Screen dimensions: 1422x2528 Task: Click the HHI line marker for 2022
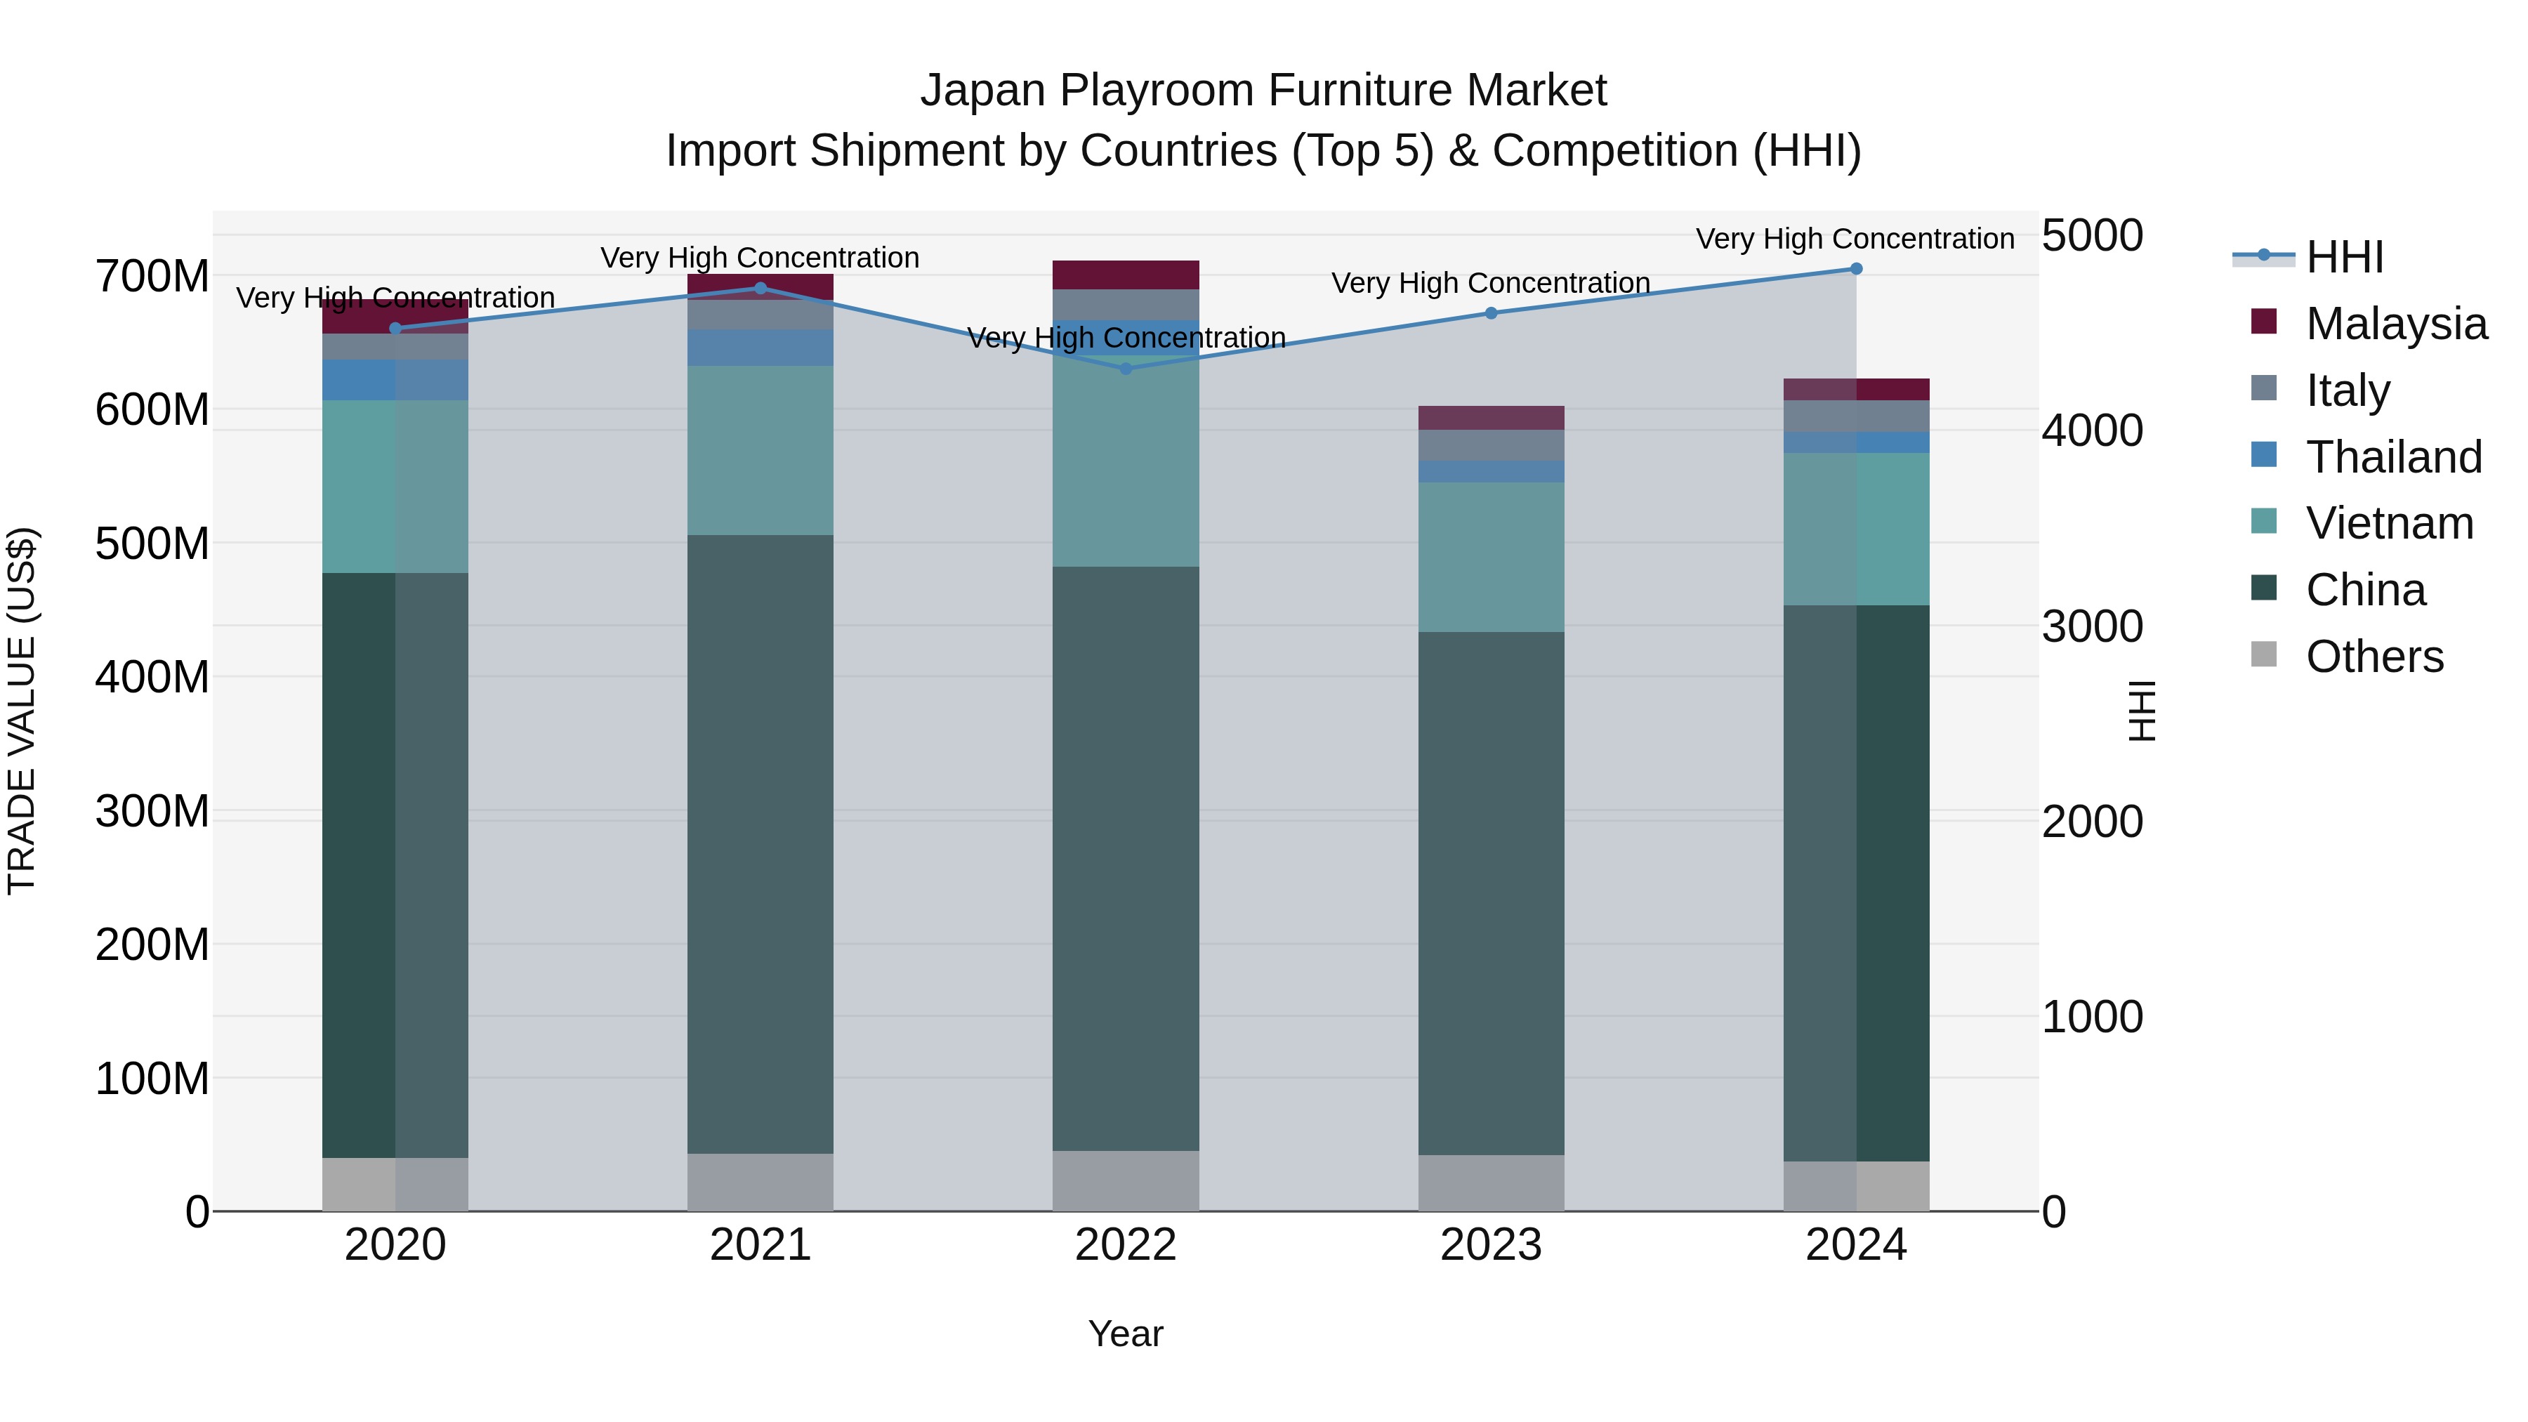tap(1126, 369)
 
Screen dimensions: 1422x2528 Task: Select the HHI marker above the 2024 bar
tap(1856, 269)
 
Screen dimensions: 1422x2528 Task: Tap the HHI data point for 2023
tap(1491, 313)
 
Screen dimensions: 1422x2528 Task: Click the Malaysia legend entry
tap(2395, 324)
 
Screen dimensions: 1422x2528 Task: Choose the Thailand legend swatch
tap(2263, 455)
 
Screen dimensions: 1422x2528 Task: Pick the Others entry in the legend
tap(2374, 657)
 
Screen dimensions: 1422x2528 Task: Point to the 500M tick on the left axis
tap(152, 544)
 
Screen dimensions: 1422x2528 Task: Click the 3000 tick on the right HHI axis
tap(2093, 626)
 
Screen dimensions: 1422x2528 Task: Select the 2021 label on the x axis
tap(761, 1245)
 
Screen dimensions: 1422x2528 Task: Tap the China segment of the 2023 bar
tap(1491, 893)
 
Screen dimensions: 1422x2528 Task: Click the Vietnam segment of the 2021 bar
tap(761, 450)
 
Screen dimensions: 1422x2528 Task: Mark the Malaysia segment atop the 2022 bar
tap(1126, 275)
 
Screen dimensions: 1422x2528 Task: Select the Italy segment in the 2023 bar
tap(1491, 445)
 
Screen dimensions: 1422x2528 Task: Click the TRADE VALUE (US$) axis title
tap(22, 711)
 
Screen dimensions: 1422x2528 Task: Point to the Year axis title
tap(1126, 1334)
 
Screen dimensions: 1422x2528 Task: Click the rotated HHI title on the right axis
tap(2142, 711)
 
